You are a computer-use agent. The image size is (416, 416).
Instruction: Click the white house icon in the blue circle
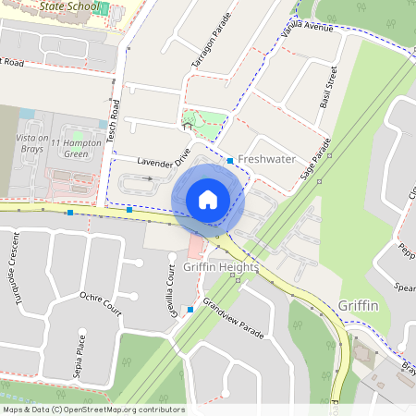[x=208, y=200]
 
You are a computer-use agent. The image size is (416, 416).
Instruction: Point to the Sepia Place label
[x=81, y=351]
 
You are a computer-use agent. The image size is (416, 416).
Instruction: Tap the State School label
[x=70, y=6]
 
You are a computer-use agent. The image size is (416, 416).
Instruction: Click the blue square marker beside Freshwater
[x=230, y=161]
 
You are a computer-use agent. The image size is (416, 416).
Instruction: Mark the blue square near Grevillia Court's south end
[x=190, y=309]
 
